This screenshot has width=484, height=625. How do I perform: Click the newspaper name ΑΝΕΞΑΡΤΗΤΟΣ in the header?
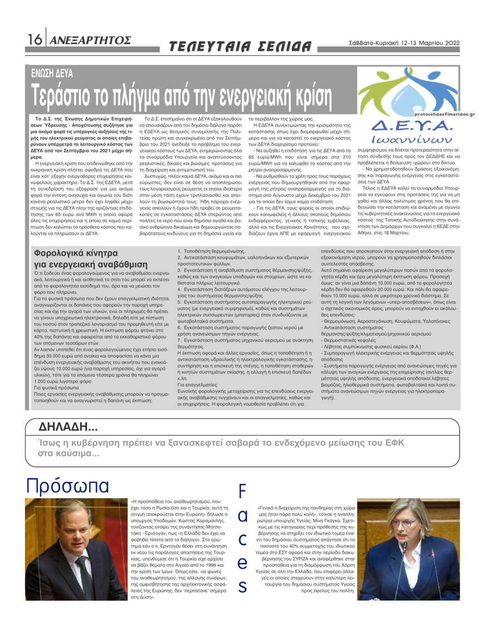coord(90,40)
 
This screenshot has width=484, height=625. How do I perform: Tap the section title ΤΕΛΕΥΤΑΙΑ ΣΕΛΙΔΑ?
coord(240,46)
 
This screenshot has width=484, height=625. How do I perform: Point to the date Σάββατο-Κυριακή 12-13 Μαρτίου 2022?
coord(404,43)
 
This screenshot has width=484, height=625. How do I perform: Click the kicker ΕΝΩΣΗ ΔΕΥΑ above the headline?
coord(52,73)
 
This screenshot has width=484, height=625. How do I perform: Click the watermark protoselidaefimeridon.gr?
coord(445,114)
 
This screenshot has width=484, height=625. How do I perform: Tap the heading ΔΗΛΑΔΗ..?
coord(68,426)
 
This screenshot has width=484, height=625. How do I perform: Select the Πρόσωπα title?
coord(68,486)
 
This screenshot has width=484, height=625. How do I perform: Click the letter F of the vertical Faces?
coord(242,492)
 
